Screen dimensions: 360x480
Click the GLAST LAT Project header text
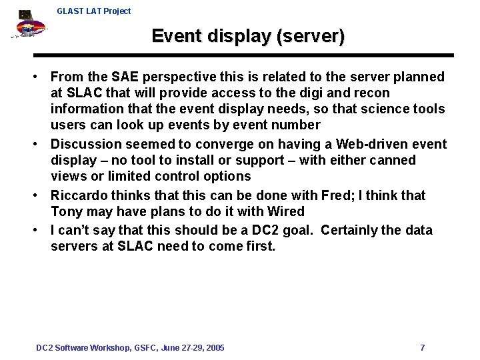pyautogui.click(x=94, y=11)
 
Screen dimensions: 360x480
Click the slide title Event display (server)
pyautogui.click(x=248, y=36)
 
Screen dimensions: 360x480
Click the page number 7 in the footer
pyautogui.click(x=423, y=348)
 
